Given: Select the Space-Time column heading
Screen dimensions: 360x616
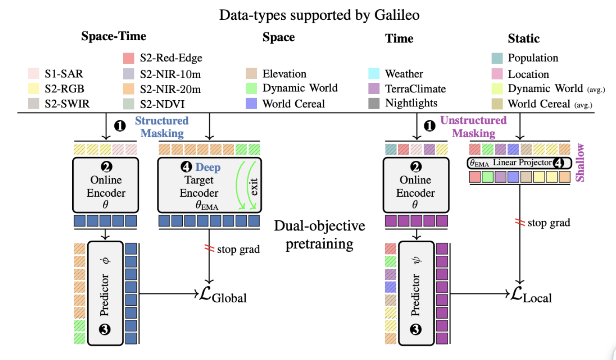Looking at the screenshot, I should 113,36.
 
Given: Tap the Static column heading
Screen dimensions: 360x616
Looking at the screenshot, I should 524,39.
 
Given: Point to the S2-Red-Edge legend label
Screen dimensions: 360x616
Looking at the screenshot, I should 171,58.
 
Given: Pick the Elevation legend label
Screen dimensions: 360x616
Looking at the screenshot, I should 284,74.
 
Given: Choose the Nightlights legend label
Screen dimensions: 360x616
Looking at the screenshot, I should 411,103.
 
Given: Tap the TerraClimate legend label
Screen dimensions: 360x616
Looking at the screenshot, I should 415,88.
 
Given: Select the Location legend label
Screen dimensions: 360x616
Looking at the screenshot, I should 528,74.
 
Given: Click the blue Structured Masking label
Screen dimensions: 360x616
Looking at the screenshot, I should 162,127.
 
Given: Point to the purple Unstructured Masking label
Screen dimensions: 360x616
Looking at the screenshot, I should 474,127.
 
